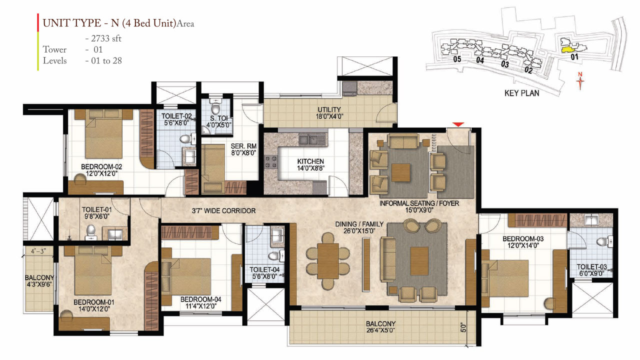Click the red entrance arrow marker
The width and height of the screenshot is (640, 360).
(x=458, y=124)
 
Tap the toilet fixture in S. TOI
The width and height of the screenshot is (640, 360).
(x=216, y=108)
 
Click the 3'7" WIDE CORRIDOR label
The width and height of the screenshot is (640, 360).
(x=224, y=211)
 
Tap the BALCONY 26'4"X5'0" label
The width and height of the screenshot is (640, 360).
(x=380, y=327)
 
